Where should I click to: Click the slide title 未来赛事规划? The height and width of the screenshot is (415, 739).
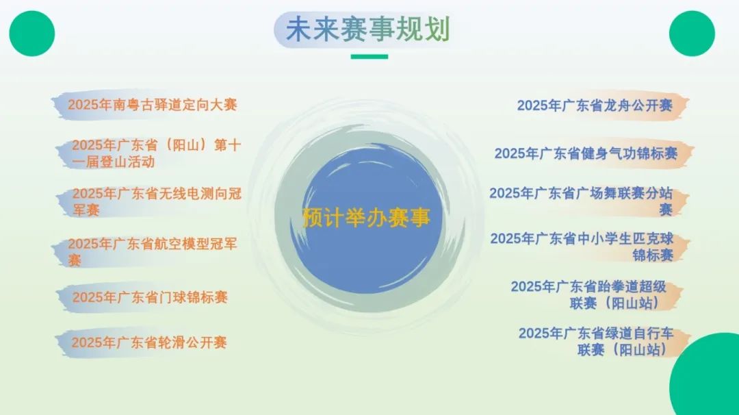pos(367,31)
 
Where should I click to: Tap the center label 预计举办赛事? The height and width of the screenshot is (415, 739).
pos(367,218)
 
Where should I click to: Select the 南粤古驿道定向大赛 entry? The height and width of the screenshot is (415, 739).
pos(152,105)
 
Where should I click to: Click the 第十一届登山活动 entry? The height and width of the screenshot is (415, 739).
pos(156,153)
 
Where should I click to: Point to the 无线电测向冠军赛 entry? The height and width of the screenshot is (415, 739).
pos(157,201)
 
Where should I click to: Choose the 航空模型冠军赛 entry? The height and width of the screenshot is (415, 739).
pos(152,251)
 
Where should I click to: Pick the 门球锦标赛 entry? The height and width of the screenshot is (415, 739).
pos(150,297)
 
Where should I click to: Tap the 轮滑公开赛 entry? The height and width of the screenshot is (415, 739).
pos(149,342)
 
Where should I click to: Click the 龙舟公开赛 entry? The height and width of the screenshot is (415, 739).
pos(595,105)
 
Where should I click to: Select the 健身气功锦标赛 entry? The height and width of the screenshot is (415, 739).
pos(586,153)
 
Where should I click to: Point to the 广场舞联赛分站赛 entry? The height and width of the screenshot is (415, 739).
pos(581,201)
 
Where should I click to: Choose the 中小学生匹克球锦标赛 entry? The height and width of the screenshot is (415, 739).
pos(582,247)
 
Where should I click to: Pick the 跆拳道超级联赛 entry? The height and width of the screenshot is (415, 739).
pos(588,294)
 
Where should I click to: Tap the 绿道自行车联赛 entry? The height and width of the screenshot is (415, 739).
pos(595,341)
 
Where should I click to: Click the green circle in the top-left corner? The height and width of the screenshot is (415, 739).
pos(31,34)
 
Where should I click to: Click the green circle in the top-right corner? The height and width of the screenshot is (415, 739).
pos(692,34)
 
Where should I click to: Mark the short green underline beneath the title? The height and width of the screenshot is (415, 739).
pos(369,57)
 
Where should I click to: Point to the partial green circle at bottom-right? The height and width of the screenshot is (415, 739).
pos(708,380)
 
